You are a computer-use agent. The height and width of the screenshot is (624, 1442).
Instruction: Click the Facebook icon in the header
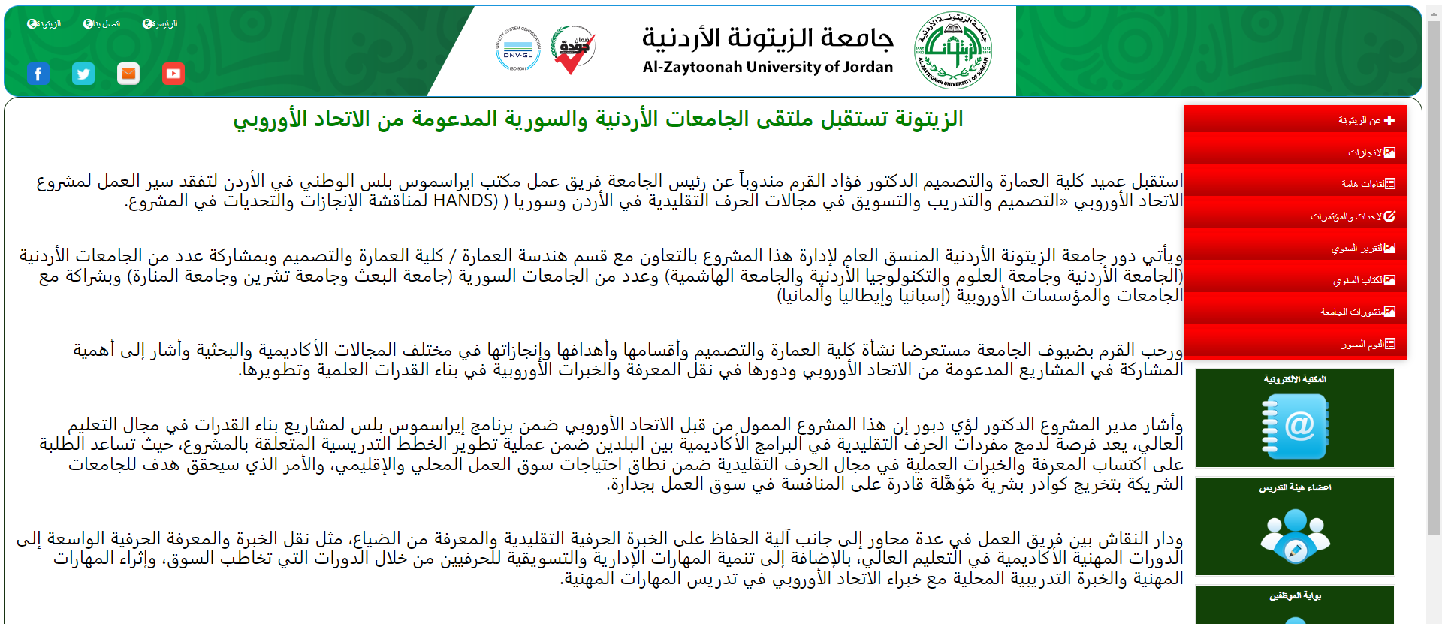[38, 74]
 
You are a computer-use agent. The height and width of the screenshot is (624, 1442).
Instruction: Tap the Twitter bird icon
[83, 74]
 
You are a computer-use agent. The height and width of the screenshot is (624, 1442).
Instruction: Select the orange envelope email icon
[128, 74]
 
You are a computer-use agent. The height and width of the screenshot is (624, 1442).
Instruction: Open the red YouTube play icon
[173, 74]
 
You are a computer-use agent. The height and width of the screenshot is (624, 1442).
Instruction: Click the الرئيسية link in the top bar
[160, 24]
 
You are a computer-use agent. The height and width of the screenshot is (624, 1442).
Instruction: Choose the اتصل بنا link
[102, 24]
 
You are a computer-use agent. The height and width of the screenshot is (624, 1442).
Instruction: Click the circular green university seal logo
[953, 50]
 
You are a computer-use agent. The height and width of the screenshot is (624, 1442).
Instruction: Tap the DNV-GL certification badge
[518, 50]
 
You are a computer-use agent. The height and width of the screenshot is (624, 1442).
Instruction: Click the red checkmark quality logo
[573, 50]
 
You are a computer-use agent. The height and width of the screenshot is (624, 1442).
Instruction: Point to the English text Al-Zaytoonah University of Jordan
[768, 68]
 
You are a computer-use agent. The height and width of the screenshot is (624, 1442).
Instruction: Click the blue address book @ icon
[1295, 427]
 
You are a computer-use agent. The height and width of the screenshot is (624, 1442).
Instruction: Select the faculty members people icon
[1295, 535]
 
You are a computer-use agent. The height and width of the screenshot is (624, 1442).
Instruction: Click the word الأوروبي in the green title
[270, 119]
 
